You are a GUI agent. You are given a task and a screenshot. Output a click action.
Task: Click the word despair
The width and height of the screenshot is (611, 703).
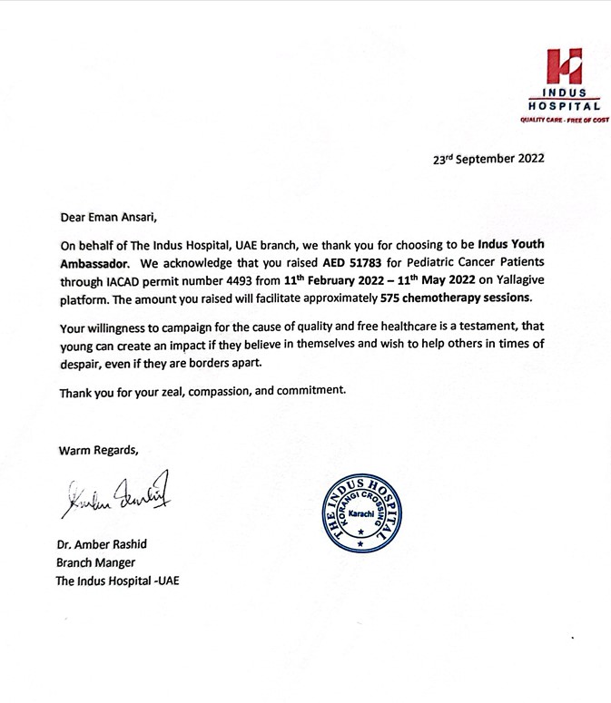[x=81, y=363]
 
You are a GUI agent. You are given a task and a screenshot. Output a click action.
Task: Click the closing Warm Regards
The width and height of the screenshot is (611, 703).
[x=99, y=450]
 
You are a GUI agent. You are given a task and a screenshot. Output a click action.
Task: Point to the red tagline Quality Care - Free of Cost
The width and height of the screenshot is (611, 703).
[x=564, y=120]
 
